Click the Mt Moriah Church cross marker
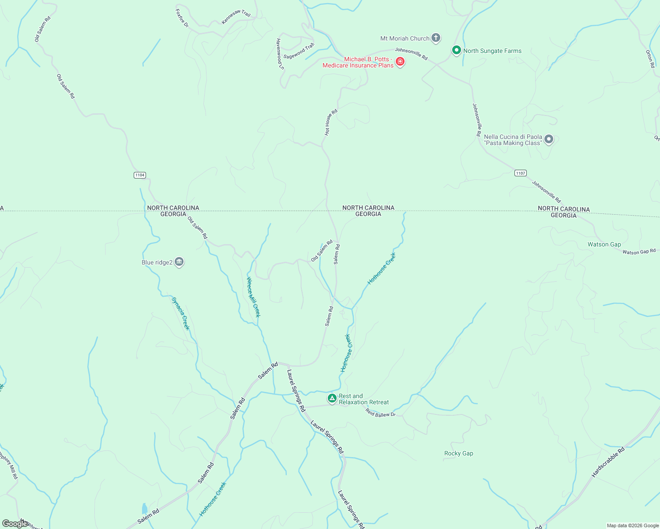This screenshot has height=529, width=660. (x=436, y=38)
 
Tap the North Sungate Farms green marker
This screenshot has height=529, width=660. (x=457, y=50)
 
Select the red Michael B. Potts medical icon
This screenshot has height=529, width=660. (x=400, y=62)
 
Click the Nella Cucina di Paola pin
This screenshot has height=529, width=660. (x=549, y=139)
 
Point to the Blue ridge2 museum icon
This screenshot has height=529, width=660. (x=179, y=262)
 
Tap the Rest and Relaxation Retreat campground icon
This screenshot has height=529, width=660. (x=332, y=399)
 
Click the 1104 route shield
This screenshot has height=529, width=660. (x=140, y=175)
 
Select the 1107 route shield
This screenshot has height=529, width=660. (x=521, y=173)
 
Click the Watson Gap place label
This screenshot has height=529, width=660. (x=604, y=244)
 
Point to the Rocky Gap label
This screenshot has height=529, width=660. (x=458, y=453)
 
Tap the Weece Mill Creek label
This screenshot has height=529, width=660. (x=253, y=297)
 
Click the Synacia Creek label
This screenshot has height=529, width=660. (x=180, y=313)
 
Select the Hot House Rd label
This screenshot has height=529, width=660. (x=331, y=122)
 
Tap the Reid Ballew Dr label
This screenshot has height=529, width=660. (x=380, y=413)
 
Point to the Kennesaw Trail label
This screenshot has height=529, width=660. (x=236, y=17)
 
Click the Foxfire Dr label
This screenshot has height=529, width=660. (x=182, y=19)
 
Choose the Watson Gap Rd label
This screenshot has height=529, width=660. (x=639, y=252)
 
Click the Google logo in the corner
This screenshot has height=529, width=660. (x=15, y=523)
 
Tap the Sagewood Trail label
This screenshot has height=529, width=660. (x=299, y=51)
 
